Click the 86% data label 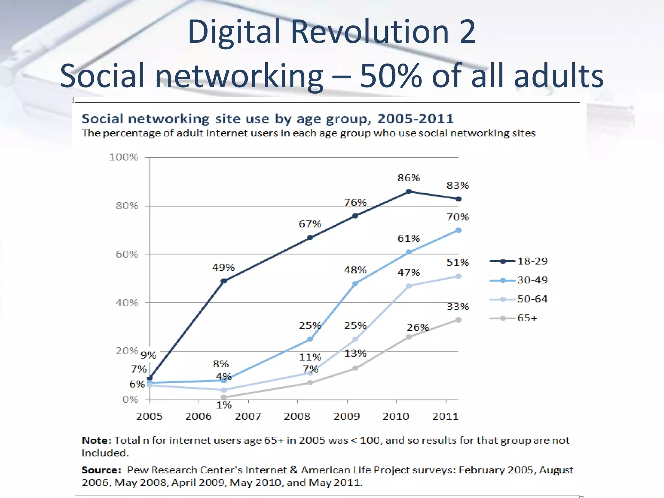(409, 178)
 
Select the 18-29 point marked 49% (224, 281)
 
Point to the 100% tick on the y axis (124, 157)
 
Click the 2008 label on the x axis (297, 416)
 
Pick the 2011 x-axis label (445, 416)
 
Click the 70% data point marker (458, 230)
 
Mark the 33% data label (457, 306)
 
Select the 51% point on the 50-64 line (458, 276)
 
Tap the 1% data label (224, 405)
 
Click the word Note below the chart (96, 441)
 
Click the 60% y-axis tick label (127, 255)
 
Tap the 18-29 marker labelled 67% (310, 237)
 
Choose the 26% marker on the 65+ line (409, 337)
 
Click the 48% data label (355, 270)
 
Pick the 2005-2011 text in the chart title (415, 119)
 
